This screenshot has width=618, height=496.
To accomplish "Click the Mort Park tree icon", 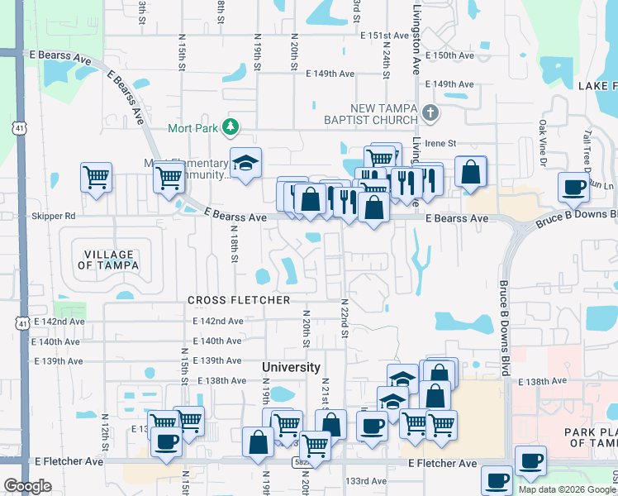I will tap(232, 127).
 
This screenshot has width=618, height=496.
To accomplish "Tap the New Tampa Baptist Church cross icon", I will tap(429, 113).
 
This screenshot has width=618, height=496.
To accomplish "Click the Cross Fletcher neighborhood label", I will tap(239, 300).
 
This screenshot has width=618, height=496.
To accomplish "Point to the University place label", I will tap(291, 367).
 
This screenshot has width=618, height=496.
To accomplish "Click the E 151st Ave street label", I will tap(385, 36).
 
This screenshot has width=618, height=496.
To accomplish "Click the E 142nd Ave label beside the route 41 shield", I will tap(58, 321).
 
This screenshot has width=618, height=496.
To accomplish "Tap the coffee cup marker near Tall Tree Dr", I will tap(574, 188).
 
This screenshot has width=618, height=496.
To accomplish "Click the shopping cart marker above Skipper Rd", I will tap(97, 177).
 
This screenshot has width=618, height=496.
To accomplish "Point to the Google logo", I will tap(27, 487).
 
